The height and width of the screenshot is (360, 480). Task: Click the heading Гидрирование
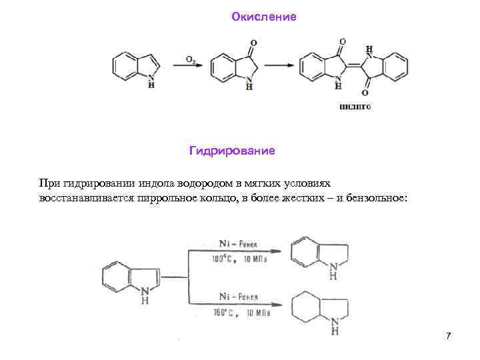coord(232,151)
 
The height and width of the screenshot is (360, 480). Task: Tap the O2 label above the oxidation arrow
coord(190,59)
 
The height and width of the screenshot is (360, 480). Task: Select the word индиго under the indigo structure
coord(355,106)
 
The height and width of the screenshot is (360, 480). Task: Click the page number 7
coord(449,335)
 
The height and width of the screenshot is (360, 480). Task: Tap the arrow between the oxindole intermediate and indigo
coord(280,65)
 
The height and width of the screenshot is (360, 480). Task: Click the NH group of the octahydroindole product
coord(335,325)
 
